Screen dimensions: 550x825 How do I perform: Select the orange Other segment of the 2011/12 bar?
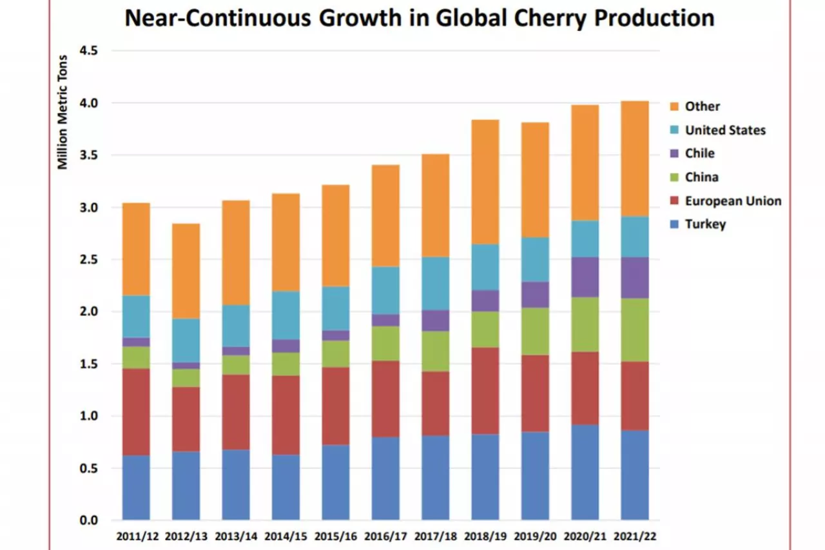coord(136,249)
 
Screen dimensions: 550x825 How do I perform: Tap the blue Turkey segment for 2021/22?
coord(634,475)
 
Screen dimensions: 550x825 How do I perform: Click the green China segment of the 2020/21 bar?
coord(585,324)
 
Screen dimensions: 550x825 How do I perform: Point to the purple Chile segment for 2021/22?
coord(634,277)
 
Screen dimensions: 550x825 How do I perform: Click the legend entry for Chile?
coord(699,153)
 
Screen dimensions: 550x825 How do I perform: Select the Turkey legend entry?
coord(705,224)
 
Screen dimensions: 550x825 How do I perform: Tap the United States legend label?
coord(725,130)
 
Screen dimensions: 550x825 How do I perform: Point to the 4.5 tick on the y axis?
coord(88,50)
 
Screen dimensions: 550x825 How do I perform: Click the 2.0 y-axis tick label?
coord(88,311)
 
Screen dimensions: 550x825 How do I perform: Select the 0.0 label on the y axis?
coord(88,520)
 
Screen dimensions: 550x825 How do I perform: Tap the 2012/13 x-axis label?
coord(186,536)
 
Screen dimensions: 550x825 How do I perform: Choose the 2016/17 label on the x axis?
coord(385,536)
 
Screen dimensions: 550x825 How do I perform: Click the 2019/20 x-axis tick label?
coord(535,536)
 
